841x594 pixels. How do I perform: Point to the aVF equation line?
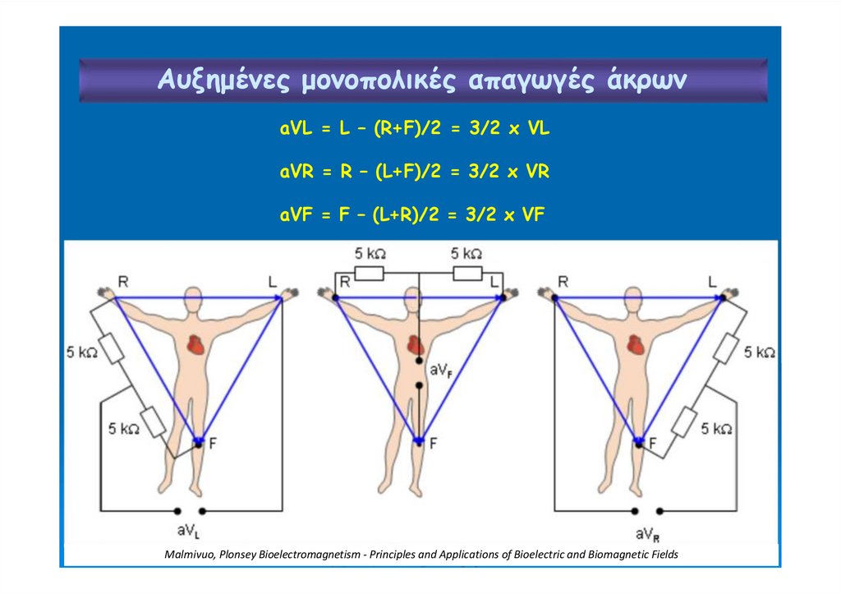(412, 214)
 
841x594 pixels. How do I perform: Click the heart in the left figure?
(195, 344)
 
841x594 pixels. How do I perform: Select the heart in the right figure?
(635, 344)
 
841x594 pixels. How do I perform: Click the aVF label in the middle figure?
(439, 371)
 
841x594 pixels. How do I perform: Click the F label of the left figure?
(213, 444)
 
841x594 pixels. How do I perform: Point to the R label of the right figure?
(563, 282)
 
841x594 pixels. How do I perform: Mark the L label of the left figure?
(273, 282)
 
